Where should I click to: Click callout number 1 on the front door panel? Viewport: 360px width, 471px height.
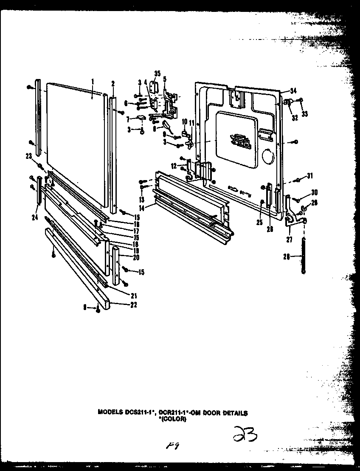coord(93,80)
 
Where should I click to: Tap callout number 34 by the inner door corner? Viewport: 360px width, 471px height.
coord(292,90)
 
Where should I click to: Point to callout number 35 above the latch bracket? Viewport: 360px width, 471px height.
coord(157,74)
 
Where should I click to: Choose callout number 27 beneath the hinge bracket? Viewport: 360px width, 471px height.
coord(289,239)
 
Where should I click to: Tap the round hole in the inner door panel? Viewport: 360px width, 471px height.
coord(267,157)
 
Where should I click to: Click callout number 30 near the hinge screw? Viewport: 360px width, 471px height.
coord(314,192)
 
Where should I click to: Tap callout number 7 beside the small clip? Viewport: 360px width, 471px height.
coord(121,119)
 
